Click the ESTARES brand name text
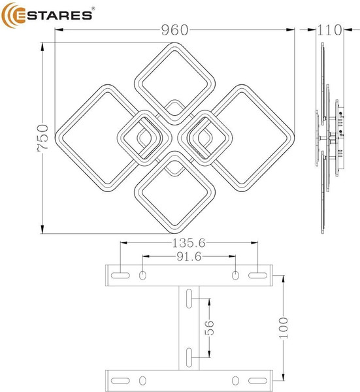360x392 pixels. tap(57, 16)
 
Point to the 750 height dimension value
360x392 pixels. tap(43, 138)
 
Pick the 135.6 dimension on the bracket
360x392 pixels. tap(189, 242)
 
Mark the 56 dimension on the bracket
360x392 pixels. tap(208, 329)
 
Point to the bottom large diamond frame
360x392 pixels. tap(174, 219)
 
